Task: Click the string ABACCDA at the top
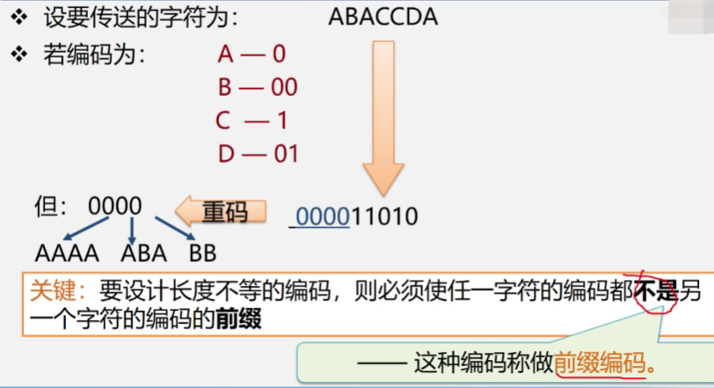(383, 17)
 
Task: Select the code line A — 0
(251, 55)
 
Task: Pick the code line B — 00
(257, 87)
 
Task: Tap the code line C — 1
(252, 121)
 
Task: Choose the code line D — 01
(258, 154)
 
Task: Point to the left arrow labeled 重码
(214, 211)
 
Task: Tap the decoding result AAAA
(67, 254)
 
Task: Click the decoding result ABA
(143, 254)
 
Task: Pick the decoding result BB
(202, 254)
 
